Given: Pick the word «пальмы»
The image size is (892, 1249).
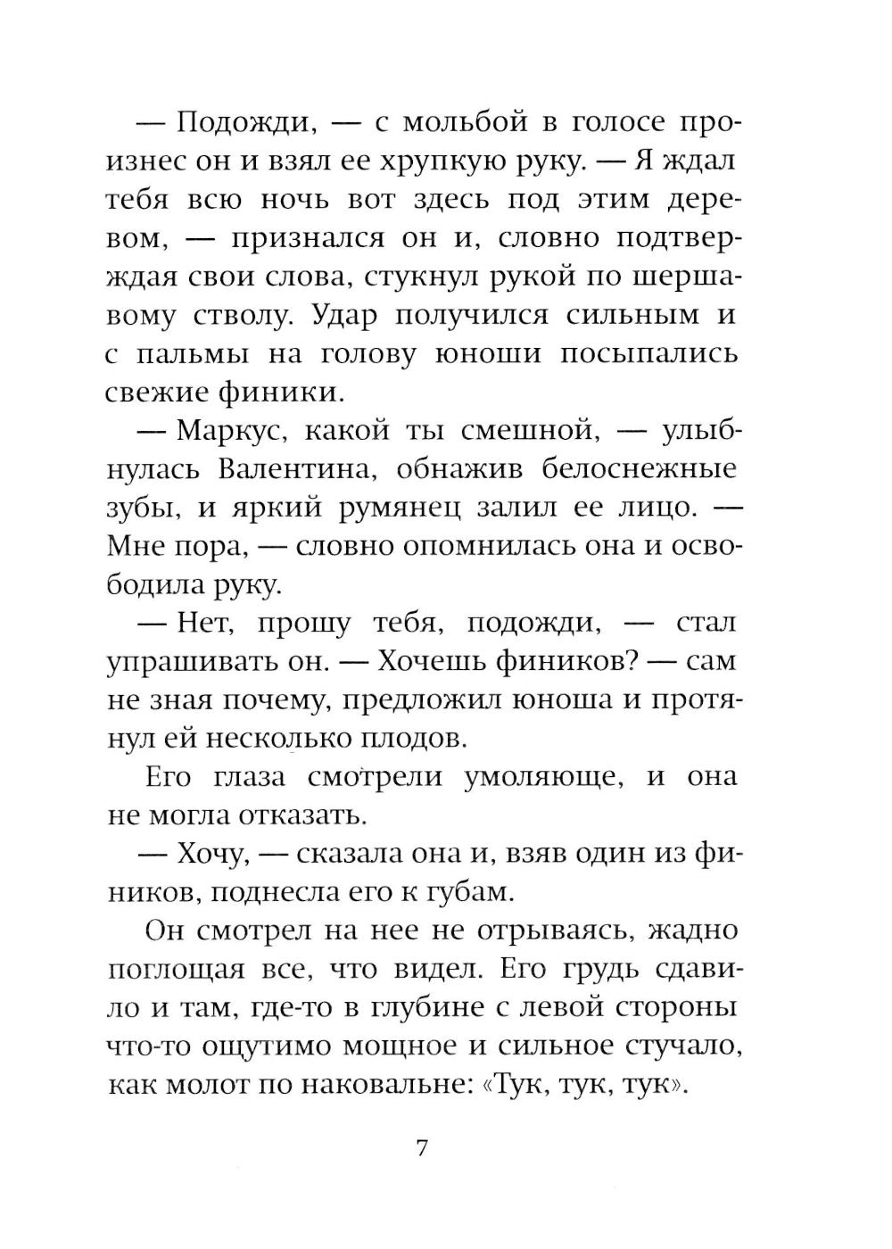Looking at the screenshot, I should (x=192, y=354).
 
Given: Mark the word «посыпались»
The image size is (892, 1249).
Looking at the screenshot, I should (x=649, y=354).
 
